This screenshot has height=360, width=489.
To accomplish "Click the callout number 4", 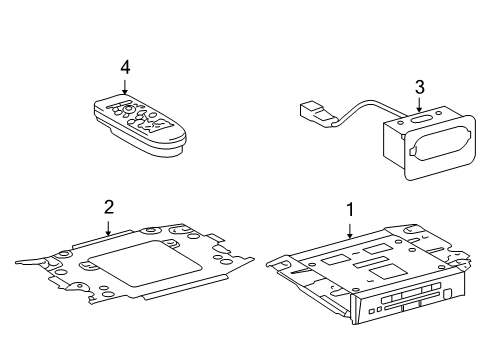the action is coord(125,68).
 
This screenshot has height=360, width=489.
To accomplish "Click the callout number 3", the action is coord(420,87).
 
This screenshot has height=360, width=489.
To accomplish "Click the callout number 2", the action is coord(109,207).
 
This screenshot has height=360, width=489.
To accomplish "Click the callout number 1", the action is coord(350,210).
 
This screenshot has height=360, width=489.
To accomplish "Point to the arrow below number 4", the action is coord(125,87).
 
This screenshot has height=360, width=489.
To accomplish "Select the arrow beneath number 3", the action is coord(419,104).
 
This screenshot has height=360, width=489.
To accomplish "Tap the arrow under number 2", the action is coord(108,228).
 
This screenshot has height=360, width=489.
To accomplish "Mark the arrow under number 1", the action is coord(350,231).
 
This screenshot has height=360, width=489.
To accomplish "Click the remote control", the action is coord(139,125).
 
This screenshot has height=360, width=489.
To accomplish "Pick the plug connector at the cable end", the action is coord(316,113).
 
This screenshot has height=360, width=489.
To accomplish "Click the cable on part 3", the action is coord(367,108).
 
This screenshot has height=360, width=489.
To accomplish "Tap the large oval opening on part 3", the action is coord(440,144).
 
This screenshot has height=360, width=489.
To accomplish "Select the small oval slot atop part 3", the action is coord(422,119).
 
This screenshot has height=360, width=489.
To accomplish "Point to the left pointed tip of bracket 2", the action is coord(16,263).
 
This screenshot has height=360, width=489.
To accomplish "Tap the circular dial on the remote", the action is coord(127,109).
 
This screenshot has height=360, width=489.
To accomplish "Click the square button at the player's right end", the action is coord(449,294).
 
